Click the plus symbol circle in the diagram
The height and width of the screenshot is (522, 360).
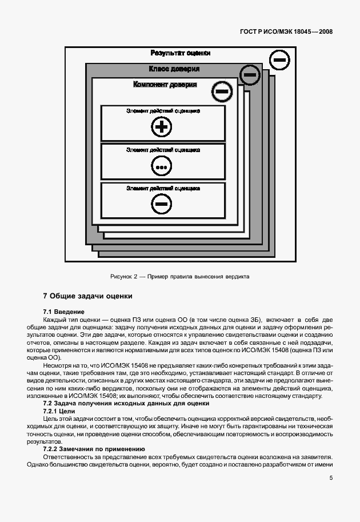point(162,127)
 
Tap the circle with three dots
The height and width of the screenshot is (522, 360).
point(162,166)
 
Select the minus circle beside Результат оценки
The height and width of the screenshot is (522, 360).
point(278,59)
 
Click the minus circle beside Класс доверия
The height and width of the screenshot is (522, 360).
point(249,74)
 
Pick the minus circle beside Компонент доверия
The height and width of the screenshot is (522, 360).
point(222,90)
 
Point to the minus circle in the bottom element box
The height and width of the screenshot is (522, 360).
point(162,204)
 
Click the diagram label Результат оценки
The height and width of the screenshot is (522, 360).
point(181,53)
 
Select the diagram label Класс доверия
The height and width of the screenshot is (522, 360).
point(174,69)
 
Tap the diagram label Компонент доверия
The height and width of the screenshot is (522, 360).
point(165,85)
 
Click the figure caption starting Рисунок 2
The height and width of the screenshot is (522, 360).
point(179,277)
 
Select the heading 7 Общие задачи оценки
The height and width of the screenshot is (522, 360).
point(87,296)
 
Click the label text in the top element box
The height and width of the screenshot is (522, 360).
point(162,111)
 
